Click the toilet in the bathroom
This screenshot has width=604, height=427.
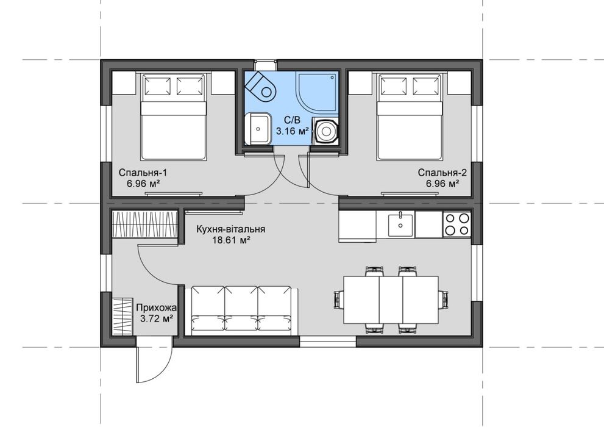point(261,87)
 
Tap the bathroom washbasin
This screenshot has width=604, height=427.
point(258,128)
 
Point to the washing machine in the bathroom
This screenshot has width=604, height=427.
point(326,131)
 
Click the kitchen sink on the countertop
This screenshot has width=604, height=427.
point(400,224)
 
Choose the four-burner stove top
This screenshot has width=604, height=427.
point(457,224)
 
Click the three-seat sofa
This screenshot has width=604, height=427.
point(241,310)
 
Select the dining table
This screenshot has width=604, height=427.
point(391,300)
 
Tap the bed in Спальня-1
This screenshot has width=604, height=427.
point(172,117)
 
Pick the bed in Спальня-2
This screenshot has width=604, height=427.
point(410,117)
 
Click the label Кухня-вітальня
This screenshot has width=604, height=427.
point(231,229)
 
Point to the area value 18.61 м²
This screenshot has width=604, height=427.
point(231,240)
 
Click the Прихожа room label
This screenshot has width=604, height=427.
point(157,308)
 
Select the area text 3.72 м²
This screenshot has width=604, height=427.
point(156,318)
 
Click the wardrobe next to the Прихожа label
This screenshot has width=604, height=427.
point(122,317)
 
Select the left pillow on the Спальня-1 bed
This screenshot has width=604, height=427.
point(157,85)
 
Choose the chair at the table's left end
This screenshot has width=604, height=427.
point(338,300)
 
